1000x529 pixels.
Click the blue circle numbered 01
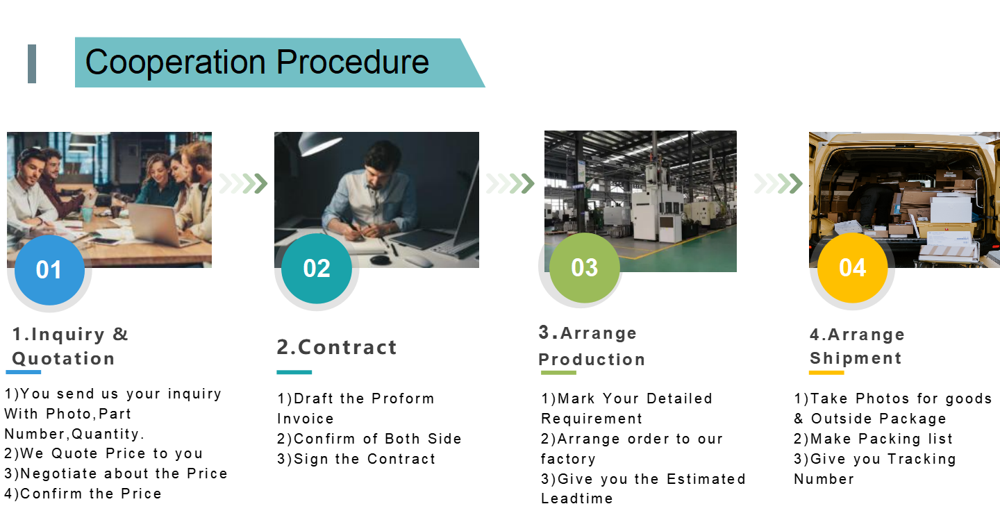point(49,270)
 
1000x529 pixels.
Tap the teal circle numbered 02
point(317,268)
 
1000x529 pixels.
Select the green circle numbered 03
point(585,267)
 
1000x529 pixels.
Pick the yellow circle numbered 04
point(852,267)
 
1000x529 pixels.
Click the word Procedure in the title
point(353,62)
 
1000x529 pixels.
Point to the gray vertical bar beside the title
point(32,63)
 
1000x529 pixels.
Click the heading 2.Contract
point(337,347)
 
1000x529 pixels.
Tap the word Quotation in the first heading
point(63,358)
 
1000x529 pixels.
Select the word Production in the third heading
point(592,360)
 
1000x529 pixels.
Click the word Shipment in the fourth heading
point(856,358)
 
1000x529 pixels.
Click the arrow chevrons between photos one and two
point(243,183)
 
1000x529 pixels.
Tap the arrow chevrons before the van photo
point(778,183)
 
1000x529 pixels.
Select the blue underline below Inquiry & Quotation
point(23,372)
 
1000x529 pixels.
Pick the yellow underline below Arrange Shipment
point(826,372)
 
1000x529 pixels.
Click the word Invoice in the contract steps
point(306,419)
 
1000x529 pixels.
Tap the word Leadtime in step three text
point(577,498)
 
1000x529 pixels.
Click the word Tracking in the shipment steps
point(922,460)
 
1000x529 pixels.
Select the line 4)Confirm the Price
point(83,494)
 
